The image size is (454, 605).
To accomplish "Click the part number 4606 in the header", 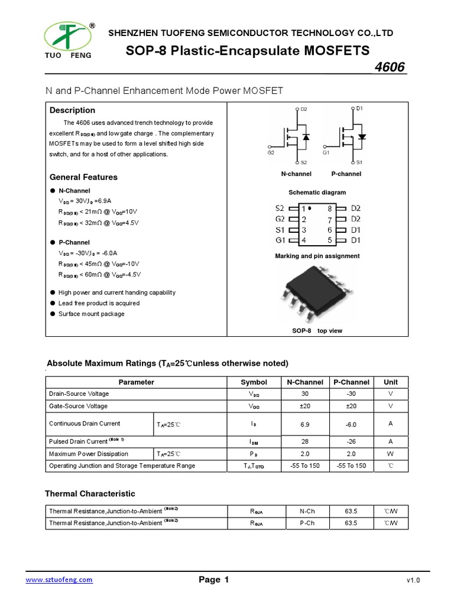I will [x=390, y=67].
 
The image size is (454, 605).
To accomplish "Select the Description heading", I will [x=72, y=110].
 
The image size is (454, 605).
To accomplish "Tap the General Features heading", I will [x=83, y=177].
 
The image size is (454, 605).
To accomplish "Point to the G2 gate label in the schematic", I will [x=271, y=152].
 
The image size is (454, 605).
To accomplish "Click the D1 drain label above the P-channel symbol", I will [x=359, y=109].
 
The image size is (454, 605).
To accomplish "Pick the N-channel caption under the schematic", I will [x=296, y=174].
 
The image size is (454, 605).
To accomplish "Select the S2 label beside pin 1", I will [x=280, y=209].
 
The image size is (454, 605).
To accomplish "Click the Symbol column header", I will [x=254, y=382].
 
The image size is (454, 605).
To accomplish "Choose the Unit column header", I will [x=391, y=382].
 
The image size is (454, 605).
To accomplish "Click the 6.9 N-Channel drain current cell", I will [x=305, y=424].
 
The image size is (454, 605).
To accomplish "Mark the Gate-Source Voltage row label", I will [x=78, y=406].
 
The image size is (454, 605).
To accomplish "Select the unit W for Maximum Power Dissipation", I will [x=391, y=454].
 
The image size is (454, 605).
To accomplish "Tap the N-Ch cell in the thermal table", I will [x=305, y=510].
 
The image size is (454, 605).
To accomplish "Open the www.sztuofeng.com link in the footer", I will [x=59, y=580].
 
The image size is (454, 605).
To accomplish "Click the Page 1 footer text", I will [x=213, y=580].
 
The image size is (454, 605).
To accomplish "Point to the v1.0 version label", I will [x=413, y=581].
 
